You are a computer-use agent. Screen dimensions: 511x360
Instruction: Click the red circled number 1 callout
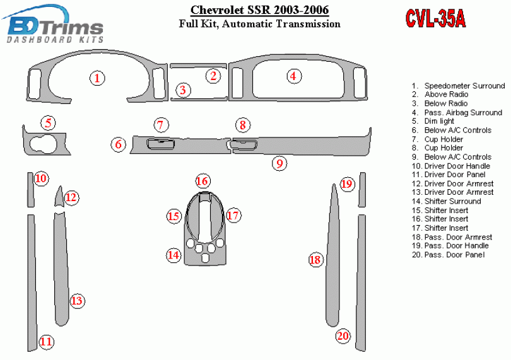point(97,78)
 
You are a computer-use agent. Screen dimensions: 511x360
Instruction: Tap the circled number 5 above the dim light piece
point(48,123)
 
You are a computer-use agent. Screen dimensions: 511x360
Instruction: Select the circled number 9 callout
point(279,163)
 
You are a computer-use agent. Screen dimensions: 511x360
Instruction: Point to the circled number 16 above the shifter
point(203,181)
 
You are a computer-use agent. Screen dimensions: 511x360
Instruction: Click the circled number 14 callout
point(173,255)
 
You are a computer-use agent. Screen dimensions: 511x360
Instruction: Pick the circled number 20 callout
point(343,335)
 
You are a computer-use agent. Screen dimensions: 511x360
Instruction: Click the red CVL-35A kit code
point(435,18)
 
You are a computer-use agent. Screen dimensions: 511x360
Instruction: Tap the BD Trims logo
point(54,25)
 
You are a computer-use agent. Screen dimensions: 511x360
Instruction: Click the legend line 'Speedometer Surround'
point(458,86)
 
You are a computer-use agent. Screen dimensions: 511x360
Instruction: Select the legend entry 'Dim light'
point(433,121)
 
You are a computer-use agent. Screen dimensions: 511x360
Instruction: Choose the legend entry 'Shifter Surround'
point(447,201)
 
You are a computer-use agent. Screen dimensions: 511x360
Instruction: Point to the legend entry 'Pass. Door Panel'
point(448,255)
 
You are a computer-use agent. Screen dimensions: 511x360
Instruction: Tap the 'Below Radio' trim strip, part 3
point(199,99)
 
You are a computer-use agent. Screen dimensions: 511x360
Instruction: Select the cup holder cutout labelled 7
point(160,144)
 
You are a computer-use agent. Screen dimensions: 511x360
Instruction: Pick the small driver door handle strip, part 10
point(30,190)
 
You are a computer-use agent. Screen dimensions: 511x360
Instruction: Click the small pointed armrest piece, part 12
point(59,197)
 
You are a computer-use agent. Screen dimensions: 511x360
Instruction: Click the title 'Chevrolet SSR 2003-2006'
point(259,10)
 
